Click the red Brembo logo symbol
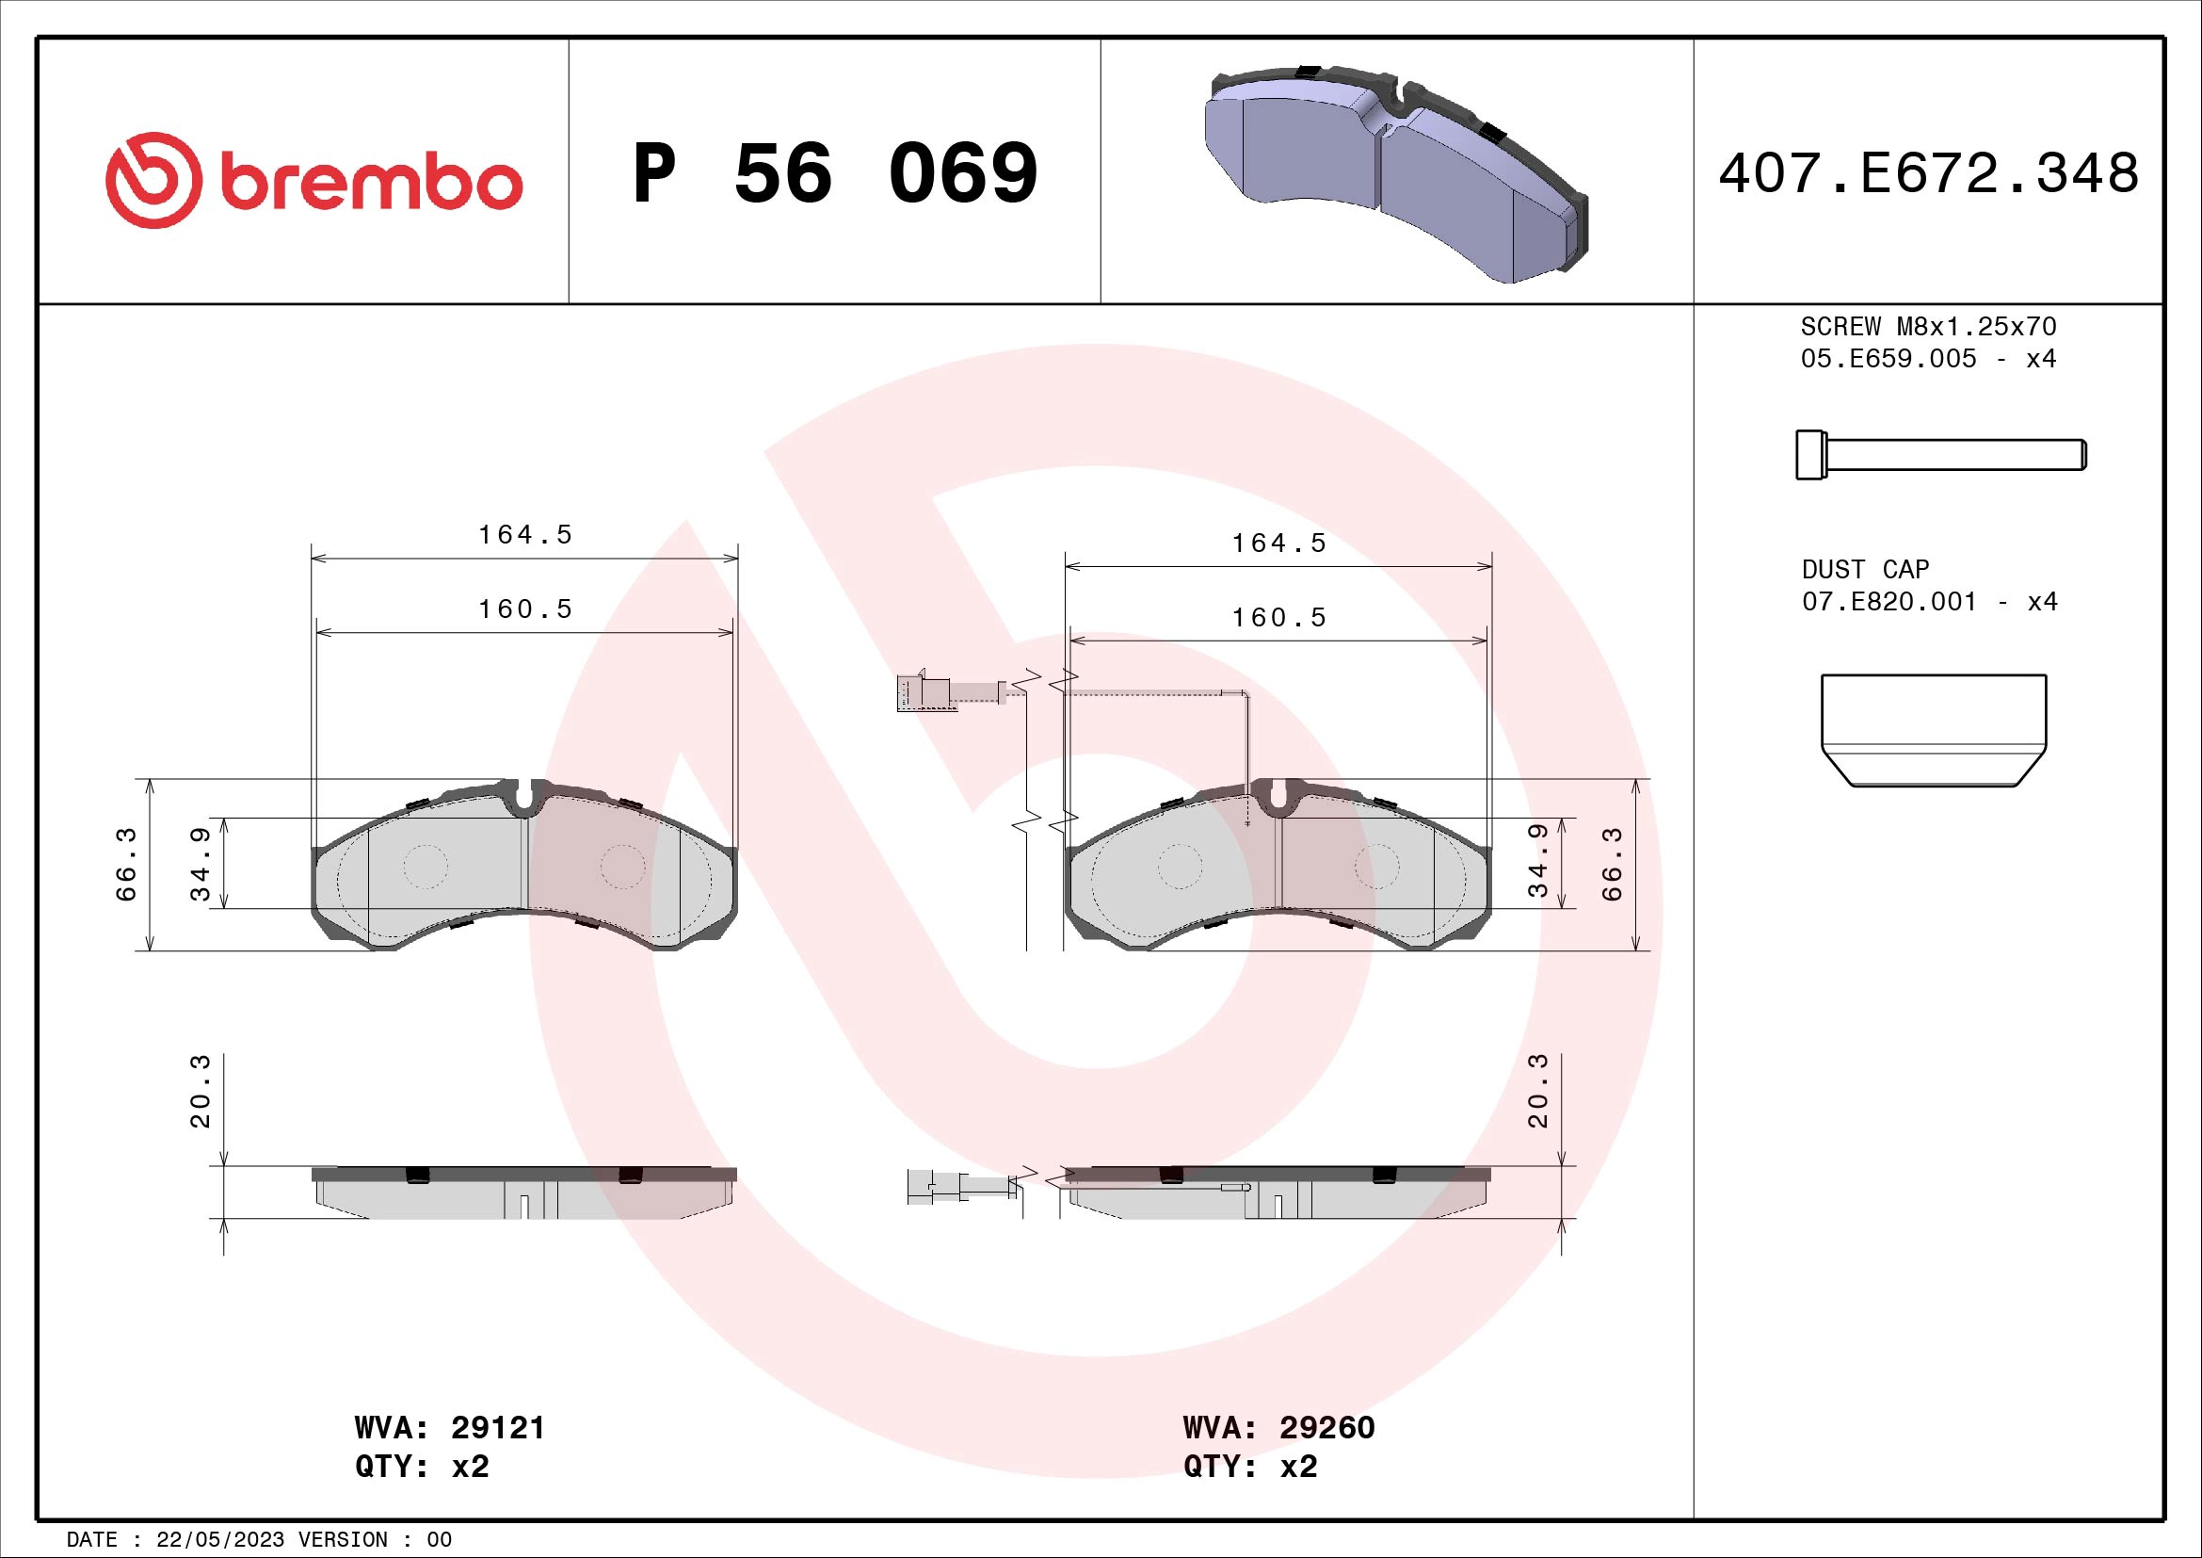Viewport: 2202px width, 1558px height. tap(153, 180)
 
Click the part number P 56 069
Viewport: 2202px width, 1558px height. tap(834, 173)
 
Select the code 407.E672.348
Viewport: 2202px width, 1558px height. tap(1928, 173)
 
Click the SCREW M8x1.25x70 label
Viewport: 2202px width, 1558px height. tap(1928, 326)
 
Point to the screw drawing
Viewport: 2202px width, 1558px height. tap(1939, 455)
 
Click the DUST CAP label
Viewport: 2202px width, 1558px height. tap(1864, 570)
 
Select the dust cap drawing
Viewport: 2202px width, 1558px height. tap(1934, 730)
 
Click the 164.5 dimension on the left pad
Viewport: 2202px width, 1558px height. tap(524, 534)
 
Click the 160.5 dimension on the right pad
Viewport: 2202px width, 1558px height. tap(1278, 618)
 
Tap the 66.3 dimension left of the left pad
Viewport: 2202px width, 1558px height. tap(126, 864)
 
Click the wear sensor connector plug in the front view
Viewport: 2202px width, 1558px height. tap(921, 692)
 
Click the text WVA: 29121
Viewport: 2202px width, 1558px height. tap(449, 1427)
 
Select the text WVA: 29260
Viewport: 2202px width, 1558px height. tap(1278, 1427)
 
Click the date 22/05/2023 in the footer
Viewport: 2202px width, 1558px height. tap(219, 1540)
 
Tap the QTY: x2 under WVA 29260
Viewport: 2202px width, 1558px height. tap(1249, 1467)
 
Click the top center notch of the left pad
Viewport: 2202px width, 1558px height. tap(523, 796)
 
